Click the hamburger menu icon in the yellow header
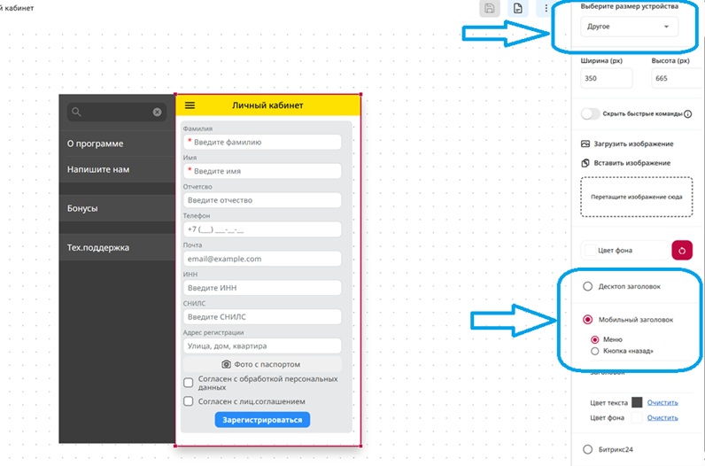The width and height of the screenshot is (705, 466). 190,105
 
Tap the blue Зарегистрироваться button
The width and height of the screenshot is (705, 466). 262,420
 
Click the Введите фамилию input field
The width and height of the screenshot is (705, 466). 262,142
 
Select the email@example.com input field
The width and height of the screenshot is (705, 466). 262,259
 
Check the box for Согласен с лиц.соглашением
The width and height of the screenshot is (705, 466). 189,401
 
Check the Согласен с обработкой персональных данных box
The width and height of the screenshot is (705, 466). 189,383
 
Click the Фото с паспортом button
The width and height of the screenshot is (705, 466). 262,364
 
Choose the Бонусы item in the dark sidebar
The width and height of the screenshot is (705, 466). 117,208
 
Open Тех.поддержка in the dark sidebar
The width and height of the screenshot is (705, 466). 117,247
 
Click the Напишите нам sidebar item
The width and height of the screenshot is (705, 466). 117,169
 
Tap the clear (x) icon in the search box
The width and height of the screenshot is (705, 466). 157,112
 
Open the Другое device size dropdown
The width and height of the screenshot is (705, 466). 629,27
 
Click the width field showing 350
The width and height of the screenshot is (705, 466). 606,78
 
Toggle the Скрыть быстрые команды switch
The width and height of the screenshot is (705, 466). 590,113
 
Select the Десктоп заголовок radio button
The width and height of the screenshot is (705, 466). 588,286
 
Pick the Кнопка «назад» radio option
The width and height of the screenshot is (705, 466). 595,351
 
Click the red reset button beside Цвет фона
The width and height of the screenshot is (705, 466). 682,251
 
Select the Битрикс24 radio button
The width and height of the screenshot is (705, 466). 588,449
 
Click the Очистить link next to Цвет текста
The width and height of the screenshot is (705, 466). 662,402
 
